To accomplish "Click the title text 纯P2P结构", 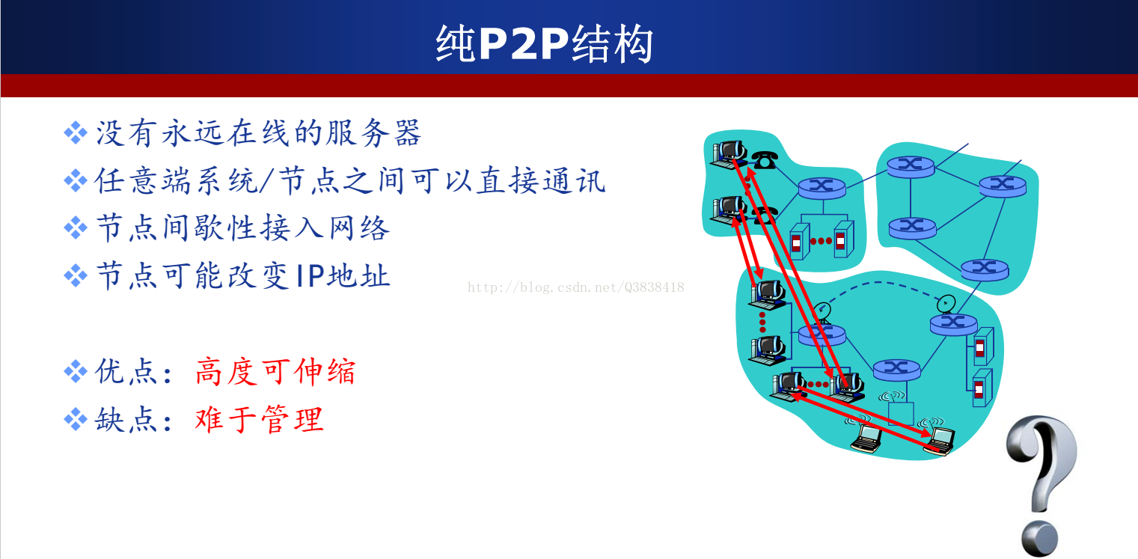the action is [544, 44].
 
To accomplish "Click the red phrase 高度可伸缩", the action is [275, 371].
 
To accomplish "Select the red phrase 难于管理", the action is [259, 420].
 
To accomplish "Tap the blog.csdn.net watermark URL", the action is [575, 287].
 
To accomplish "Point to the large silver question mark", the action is [1041, 486].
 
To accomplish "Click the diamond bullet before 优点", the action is [76, 371].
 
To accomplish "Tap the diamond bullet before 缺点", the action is [76, 420].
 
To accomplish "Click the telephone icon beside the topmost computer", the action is [764, 160].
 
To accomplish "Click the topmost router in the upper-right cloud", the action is [911, 166].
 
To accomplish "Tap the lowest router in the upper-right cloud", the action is [985, 269].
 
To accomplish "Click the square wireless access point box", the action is [901, 414].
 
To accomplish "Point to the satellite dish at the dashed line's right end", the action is [946, 304].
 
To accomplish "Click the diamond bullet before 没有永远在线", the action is [76, 133].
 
